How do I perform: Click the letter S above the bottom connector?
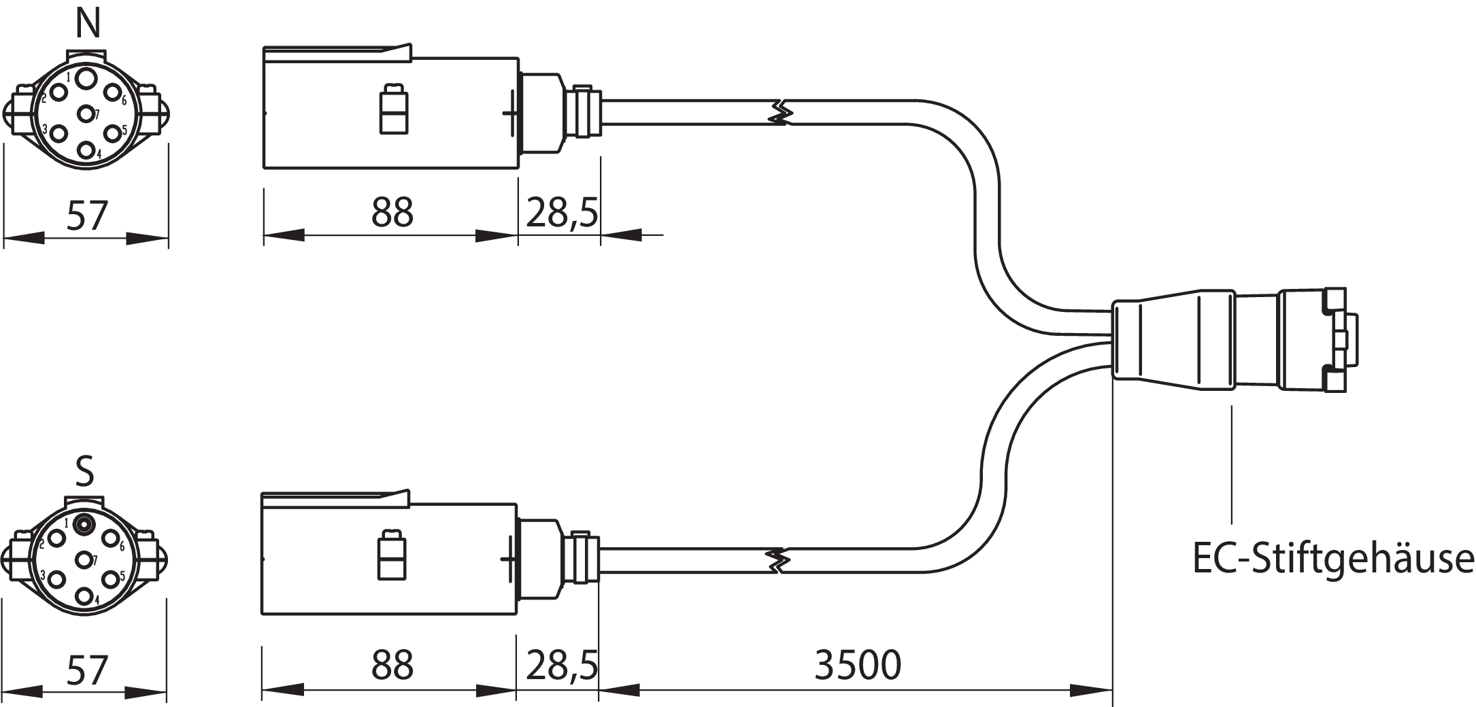[84, 471]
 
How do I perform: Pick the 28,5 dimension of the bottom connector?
[561, 665]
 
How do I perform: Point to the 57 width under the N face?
[87, 215]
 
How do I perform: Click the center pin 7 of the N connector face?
[86, 114]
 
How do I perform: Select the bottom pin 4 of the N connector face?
[86, 150]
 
